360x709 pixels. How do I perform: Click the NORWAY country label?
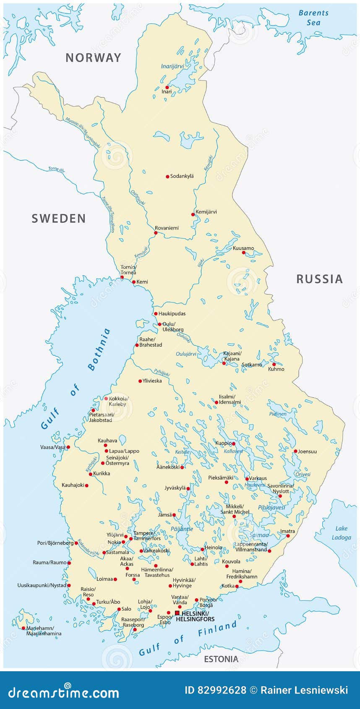[93, 58]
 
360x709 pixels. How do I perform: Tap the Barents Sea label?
[313, 18]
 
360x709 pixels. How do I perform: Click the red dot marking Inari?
[167, 87]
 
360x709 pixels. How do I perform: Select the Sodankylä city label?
[182, 176]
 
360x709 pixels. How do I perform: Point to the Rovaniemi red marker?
[156, 233]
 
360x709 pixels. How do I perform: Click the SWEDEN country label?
[59, 219]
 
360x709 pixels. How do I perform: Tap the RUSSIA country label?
[319, 279]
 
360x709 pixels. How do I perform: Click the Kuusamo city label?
[243, 248]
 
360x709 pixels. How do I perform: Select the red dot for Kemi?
[134, 282]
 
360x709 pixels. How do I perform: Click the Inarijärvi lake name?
[172, 66]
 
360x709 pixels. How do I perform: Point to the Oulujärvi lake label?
[186, 354]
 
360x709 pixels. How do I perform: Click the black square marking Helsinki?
[177, 613]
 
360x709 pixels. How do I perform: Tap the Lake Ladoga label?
[341, 533]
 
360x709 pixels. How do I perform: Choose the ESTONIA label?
[221, 659]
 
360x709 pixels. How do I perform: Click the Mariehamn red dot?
[23, 628]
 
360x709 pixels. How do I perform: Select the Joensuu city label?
[307, 451]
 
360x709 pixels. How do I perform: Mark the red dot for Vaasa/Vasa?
[68, 447]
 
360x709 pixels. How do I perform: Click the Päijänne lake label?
[182, 529]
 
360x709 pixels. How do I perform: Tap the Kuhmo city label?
[276, 369]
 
